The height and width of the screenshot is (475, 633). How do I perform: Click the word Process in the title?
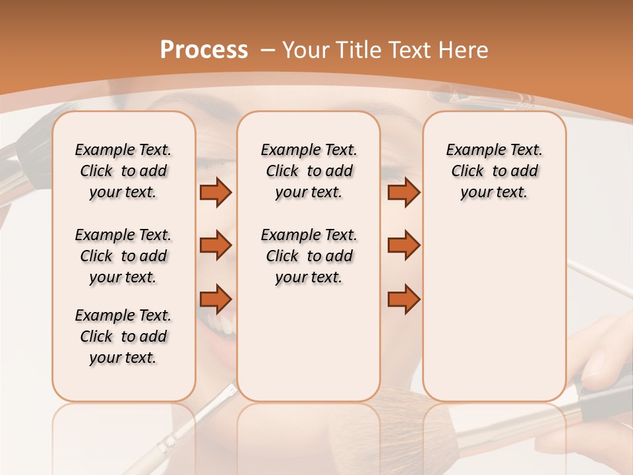click(204, 50)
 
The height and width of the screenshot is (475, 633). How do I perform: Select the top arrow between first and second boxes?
click(216, 192)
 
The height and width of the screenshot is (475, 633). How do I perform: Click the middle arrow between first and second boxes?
click(216, 245)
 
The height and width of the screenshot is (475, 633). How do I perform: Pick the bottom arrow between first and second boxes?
click(216, 299)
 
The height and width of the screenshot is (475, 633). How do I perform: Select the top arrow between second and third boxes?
click(404, 192)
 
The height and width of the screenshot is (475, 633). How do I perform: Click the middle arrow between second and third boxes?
click(404, 245)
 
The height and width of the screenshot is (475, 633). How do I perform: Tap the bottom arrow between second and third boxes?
click(404, 299)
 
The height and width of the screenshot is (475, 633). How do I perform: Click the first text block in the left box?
click(123, 171)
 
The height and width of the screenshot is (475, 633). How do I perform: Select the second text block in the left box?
click(123, 256)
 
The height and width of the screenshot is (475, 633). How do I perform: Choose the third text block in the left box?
click(123, 336)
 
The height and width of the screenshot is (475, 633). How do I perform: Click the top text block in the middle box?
click(309, 171)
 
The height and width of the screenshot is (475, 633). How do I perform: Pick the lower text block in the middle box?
click(309, 256)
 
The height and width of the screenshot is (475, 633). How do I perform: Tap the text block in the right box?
click(494, 171)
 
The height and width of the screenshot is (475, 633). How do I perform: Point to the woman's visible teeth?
click(226, 325)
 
